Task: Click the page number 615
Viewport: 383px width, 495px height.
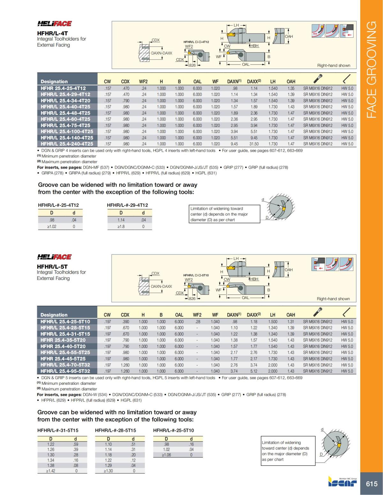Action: [372, 484]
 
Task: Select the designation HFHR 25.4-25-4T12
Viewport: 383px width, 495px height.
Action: [63, 88]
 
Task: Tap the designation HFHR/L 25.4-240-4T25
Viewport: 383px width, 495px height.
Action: [67, 144]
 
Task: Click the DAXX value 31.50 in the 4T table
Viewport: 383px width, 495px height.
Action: [254, 144]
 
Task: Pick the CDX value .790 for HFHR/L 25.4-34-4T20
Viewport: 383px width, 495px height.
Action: [126, 101]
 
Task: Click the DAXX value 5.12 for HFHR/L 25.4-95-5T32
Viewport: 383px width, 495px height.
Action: [254, 371]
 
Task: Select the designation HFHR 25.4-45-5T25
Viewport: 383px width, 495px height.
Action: [63, 359]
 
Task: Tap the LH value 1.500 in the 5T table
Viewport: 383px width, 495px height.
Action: [273, 322]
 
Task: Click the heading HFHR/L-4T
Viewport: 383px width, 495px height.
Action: [52, 33]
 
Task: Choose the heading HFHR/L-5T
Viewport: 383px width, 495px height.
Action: [52, 266]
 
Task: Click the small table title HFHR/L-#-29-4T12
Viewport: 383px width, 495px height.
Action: [127, 205]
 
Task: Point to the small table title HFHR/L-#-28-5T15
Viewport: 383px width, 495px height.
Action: [116, 430]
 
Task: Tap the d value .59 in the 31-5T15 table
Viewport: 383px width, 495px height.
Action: [76, 444]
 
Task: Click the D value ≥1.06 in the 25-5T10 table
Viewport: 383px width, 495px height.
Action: [166, 455]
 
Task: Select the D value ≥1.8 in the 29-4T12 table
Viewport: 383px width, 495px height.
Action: [121, 227]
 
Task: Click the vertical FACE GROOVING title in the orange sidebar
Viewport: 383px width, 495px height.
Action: [372, 70]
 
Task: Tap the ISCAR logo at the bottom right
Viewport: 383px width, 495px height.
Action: [342, 482]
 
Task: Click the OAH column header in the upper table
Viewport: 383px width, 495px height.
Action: [291, 82]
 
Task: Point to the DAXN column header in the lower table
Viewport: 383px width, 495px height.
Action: [234, 315]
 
